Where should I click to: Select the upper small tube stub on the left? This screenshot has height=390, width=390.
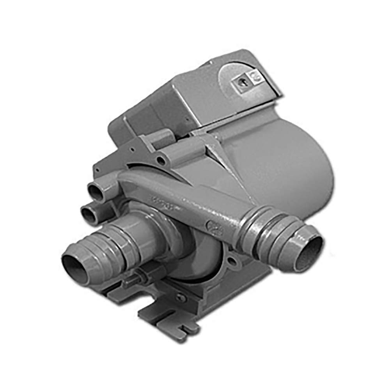[96, 191]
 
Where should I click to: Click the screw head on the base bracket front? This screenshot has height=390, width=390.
[180, 297]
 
